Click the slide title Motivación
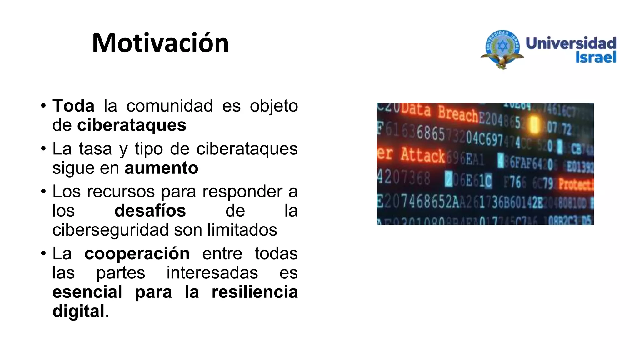pos(160,43)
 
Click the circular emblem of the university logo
pos(502,47)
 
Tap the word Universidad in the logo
pos(571,43)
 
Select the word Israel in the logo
pos(596,57)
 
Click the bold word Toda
pos(73,106)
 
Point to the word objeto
pos(274,106)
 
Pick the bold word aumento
pos(161,168)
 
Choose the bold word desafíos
pos(150,210)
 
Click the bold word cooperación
pos(137,253)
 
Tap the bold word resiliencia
pos(254,292)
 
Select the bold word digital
pos(78,311)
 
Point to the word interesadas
pos(212,272)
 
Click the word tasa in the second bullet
pos(95,148)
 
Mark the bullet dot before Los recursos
pos(43,191)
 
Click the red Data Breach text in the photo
pos(439,112)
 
